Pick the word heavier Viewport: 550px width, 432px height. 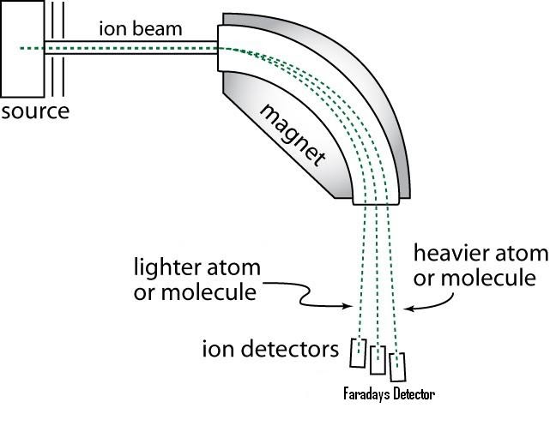[450, 255]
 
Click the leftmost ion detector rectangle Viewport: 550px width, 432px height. [360, 351]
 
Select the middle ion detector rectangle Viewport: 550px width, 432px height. [378, 360]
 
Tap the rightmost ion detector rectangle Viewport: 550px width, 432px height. [396, 366]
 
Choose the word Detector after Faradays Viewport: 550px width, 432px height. [412, 395]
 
